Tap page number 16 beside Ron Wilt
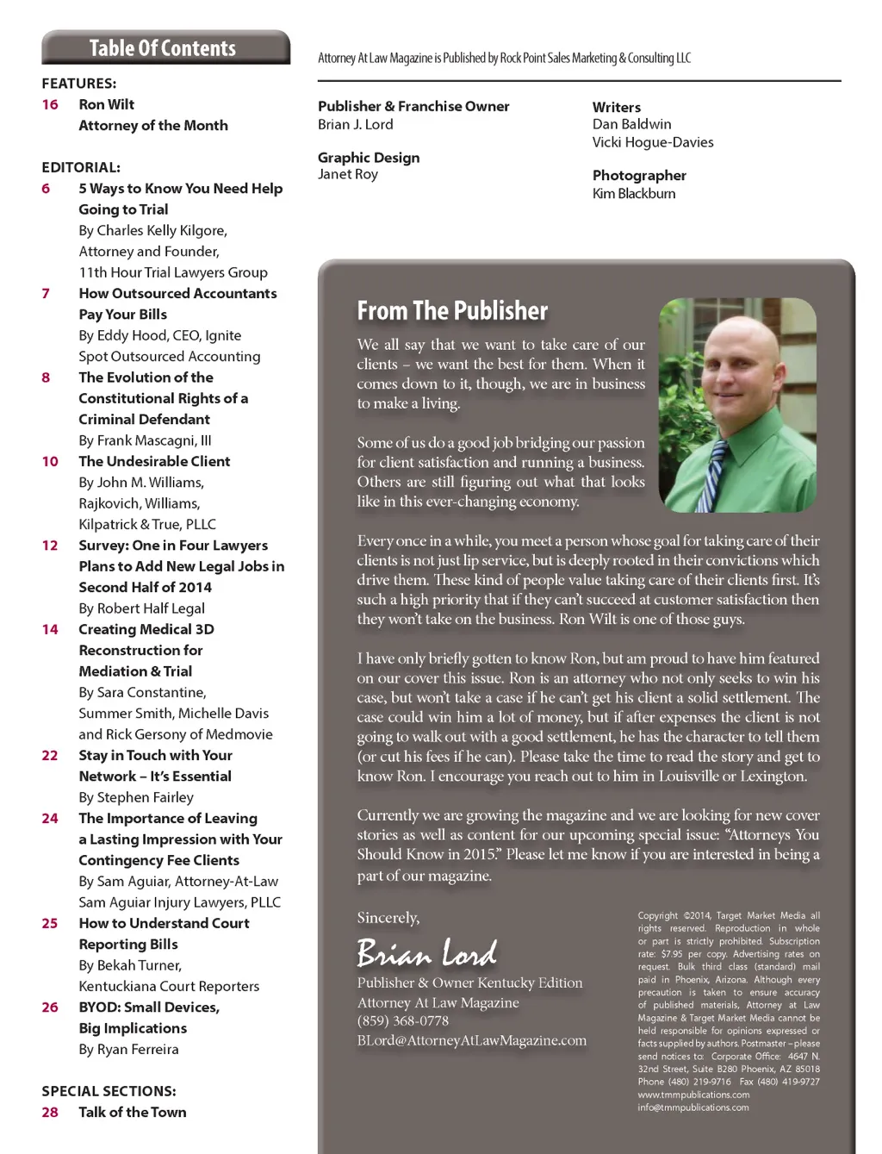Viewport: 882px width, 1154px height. tap(50, 104)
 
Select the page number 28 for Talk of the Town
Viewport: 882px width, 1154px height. tap(50, 1112)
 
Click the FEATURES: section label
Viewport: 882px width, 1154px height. tap(78, 84)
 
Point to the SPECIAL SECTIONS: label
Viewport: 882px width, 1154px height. tap(109, 1091)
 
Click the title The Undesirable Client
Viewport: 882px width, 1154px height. tap(154, 461)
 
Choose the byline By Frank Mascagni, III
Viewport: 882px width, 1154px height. tap(145, 440)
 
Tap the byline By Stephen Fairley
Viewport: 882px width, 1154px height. tap(136, 797)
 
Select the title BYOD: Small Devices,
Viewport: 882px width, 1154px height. tap(149, 1007)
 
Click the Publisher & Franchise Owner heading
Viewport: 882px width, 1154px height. tap(413, 106)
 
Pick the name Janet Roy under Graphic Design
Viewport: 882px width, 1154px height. tap(348, 174)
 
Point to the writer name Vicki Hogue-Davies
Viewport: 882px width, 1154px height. tap(653, 142)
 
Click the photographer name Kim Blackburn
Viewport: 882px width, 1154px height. tap(634, 194)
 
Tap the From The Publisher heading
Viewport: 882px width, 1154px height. tap(452, 311)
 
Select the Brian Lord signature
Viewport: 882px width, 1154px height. tap(427, 952)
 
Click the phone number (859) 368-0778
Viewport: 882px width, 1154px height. tap(403, 1021)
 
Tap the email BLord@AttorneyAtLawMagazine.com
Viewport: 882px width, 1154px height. tap(472, 1041)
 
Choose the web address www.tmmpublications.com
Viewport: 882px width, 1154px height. tap(693, 1095)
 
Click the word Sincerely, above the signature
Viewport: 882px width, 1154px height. tap(388, 918)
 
